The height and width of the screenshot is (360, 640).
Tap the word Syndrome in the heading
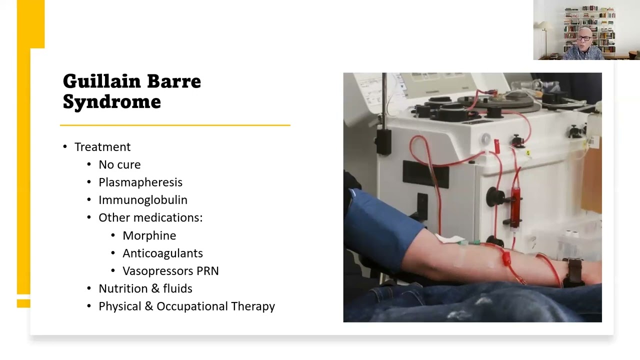(111, 102)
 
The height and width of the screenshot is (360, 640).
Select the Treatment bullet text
(102, 147)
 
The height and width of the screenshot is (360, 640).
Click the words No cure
(119, 164)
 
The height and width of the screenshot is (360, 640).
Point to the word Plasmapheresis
(140, 182)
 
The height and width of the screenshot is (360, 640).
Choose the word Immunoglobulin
(143, 200)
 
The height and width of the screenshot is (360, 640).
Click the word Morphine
(149, 235)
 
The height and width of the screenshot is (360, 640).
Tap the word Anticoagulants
(162, 253)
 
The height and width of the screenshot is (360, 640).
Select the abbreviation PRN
(207, 271)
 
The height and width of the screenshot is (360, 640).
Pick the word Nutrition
(121, 288)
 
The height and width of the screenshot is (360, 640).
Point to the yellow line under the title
(175, 125)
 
